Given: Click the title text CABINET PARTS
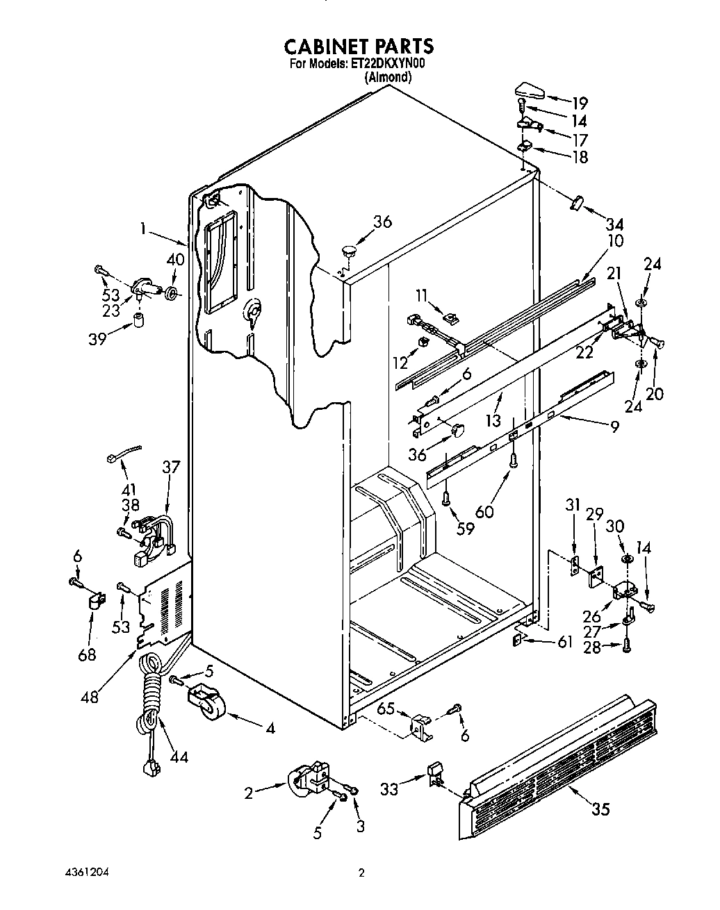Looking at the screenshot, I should pyautogui.click(x=359, y=46).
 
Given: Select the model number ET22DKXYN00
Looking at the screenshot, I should pyautogui.click(x=386, y=64).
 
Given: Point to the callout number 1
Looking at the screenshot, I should pyautogui.click(x=144, y=227).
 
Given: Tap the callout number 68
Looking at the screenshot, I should pyautogui.click(x=86, y=654).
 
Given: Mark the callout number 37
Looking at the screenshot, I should pyautogui.click(x=171, y=467).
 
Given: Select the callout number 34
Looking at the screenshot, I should pyautogui.click(x=614, y=224).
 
